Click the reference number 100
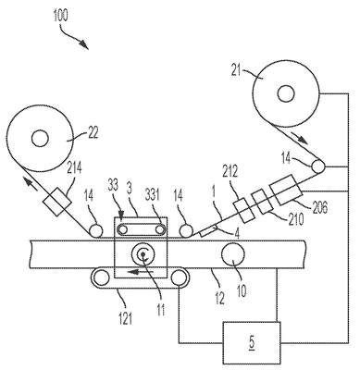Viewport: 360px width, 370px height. tap(60, 16)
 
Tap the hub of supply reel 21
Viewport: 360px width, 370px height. tap(286, 93)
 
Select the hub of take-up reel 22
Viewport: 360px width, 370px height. tap(40, 138)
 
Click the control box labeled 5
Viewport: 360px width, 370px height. tap(252, 343)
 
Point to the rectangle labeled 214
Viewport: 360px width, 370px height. tap(57, 202)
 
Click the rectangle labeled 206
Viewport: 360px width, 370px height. tap(286, 190)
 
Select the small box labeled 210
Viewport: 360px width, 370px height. tap(262, 202)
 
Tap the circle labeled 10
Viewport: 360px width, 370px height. tap(233, 254)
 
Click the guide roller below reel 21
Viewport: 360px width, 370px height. tap(318, 166)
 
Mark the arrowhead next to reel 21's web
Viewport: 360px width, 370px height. tap(301, 139)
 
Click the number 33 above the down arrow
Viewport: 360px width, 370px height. tap(114, 187)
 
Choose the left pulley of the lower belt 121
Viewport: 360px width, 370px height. tap(102, 277)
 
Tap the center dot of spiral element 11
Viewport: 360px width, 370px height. tap(143, 254)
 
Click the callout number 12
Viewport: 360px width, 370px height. tap(218, 298)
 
